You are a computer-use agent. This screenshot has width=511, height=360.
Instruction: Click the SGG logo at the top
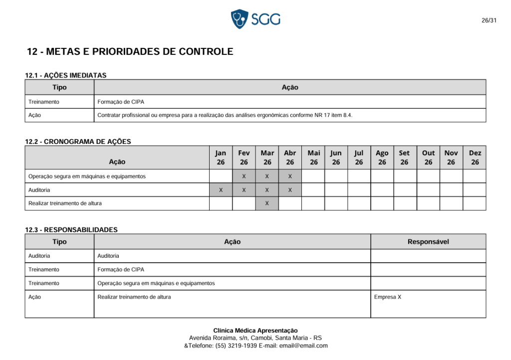(x=255, y=19)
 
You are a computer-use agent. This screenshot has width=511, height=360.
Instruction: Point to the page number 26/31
(x=489, y=20)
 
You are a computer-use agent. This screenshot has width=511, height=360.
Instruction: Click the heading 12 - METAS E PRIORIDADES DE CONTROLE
(x=130, y=51)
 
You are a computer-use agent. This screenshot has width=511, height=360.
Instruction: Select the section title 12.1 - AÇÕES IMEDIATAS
(x=66, y=75)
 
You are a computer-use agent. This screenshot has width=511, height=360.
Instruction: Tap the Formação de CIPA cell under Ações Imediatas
(x=121, y=102)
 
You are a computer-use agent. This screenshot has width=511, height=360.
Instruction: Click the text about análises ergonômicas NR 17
(x=225, y=115)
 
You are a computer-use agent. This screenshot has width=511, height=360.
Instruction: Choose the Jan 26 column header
(x=221, y=157)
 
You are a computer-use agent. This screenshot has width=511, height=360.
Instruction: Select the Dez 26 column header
(x=475, y=157)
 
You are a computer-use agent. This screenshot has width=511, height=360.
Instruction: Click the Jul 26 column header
(x=359, y=157)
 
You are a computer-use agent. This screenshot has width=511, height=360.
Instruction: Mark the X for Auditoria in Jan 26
(x=221, y=190)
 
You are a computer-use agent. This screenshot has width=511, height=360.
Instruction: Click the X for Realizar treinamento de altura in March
(x=267, y=203)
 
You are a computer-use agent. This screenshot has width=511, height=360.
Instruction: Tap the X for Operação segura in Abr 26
(x=290, y=176)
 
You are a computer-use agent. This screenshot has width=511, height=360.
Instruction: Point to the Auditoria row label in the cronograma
(x=39, y=190)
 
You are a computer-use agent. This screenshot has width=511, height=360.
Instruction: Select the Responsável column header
(x=428, y=242)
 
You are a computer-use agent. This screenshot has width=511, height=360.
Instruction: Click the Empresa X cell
(x=388, y=297)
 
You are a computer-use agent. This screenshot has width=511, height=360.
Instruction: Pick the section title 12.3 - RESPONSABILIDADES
(x=71, y=230)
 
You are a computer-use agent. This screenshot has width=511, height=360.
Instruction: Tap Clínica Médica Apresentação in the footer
(x=255, y=331)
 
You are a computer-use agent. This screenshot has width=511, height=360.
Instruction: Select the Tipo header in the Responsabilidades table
(x=59, y=242)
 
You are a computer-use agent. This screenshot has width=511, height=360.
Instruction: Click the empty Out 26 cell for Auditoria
(x=428, y=190)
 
